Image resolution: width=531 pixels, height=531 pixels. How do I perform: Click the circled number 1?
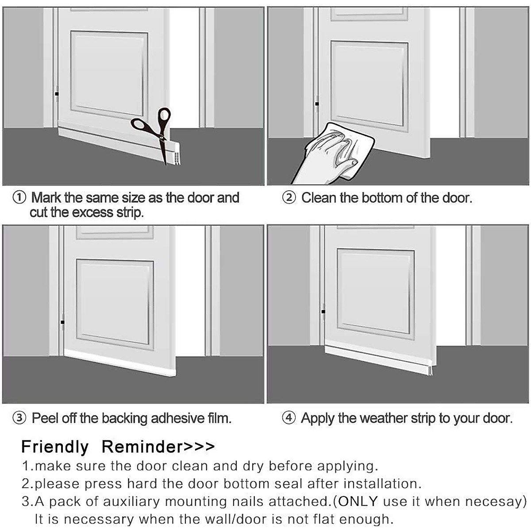coord(19,197)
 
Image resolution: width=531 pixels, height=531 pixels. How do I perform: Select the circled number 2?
coord(289,197)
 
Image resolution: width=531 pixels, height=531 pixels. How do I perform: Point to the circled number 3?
coord(19,418)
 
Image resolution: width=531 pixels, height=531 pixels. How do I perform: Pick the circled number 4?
coord(289,418)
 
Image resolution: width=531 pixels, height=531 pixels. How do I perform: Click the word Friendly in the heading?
coord(55,446)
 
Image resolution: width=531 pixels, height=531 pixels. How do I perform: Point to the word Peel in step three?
coord(45,418)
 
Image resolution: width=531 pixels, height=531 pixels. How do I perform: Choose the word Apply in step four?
coord(317,418)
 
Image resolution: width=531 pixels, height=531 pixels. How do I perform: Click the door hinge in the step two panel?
coord(316,103)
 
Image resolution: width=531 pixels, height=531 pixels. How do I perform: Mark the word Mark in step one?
coord(46,197)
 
